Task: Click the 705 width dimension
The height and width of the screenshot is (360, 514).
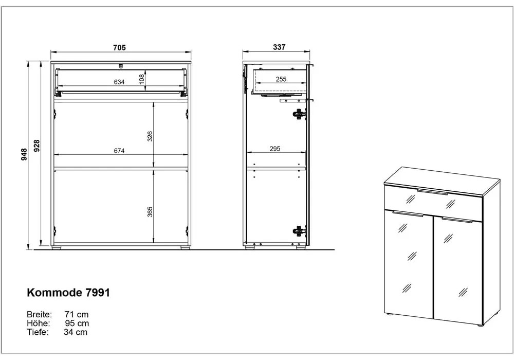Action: tap(120, 47)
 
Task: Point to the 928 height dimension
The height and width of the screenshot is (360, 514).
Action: tap(36, 146)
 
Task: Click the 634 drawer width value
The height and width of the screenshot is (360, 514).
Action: tap(119, 82)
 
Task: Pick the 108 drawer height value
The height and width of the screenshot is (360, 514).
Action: tap(142, 79)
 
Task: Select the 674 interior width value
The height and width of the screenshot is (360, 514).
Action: tap(119, 151)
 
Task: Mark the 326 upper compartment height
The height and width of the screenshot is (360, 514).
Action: tap(150, 136)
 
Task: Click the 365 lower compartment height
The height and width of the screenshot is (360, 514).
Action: tap(150, 211)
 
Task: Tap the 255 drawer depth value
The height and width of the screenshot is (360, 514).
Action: tap(281, 79)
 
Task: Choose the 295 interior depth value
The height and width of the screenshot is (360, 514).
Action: tap(274, 149)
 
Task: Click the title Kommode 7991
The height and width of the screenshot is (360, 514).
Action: tap(68, 293)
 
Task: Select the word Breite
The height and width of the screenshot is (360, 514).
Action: tap(39, 314)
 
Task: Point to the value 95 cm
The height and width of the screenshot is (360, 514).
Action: tap(77, 323)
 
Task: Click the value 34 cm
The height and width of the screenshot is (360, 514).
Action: tap(76, 332)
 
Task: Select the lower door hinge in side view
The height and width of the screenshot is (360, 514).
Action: tap(298, 231)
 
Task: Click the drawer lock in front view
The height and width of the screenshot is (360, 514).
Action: tap(121, 65)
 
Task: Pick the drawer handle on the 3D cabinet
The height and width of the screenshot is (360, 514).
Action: tap(433, 192)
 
